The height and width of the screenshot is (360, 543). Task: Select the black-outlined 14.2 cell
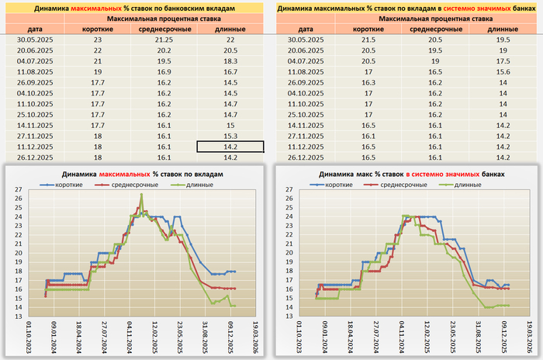(x=230, y=146)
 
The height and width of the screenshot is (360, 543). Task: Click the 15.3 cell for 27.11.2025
(x=230, y=135)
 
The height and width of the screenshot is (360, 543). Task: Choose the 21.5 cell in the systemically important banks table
(x=364, y=39)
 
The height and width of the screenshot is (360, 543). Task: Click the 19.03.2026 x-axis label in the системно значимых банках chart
(x=527, y=338)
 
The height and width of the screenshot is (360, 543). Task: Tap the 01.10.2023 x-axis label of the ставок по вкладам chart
(x=30, y=338)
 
